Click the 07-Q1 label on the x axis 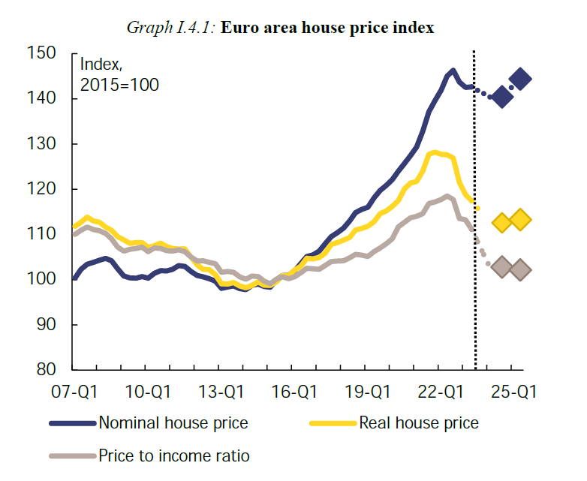pyautogui.click(x=73, y=392)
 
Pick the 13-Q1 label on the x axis pyautogui.click(x=219, y=392)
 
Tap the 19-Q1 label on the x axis pyautogui.click(x=368, y=392)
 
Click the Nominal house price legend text pyautogui.click(x=173, y=423)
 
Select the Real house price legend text pyautogui.click(x=419, y=423)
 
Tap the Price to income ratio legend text pyautogui.click(x=174, y=455)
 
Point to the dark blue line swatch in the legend pyautogui.click(x=73, y=423)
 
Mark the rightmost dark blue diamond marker pyautogui.click(x=520, y=79)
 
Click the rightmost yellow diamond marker pyautogui.click(x=519, y=220)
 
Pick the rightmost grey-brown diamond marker pyautogui.click(x=519, y=269)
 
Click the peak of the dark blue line pyautogui.click(x=453, y=71)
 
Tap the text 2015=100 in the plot pyautogui.click(x=119, y=85)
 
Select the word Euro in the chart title pyautogui.click(x=240, y=28)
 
